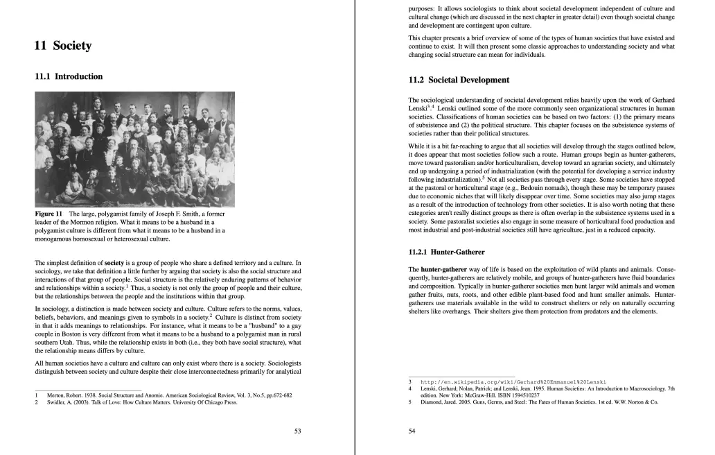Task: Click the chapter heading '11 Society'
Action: pyautogui.click(x=62, y=46)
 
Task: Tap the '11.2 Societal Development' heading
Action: pyautogui.click(x=459, y=80)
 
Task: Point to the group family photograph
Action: pyautogui.click(x=134, y=149)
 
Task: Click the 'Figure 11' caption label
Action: pyautogui.click(x=48, y=214)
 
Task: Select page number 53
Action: pyautogui.click(x=298, y=431)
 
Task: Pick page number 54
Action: pyautogui.click(x=412, y=431)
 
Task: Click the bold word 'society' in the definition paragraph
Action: pyautogui.click(x=114, y=263)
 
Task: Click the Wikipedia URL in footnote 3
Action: pyautogui.click(x=513, y=381)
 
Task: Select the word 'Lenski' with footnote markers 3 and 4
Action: pyautogui.click(x=418, y=109)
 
